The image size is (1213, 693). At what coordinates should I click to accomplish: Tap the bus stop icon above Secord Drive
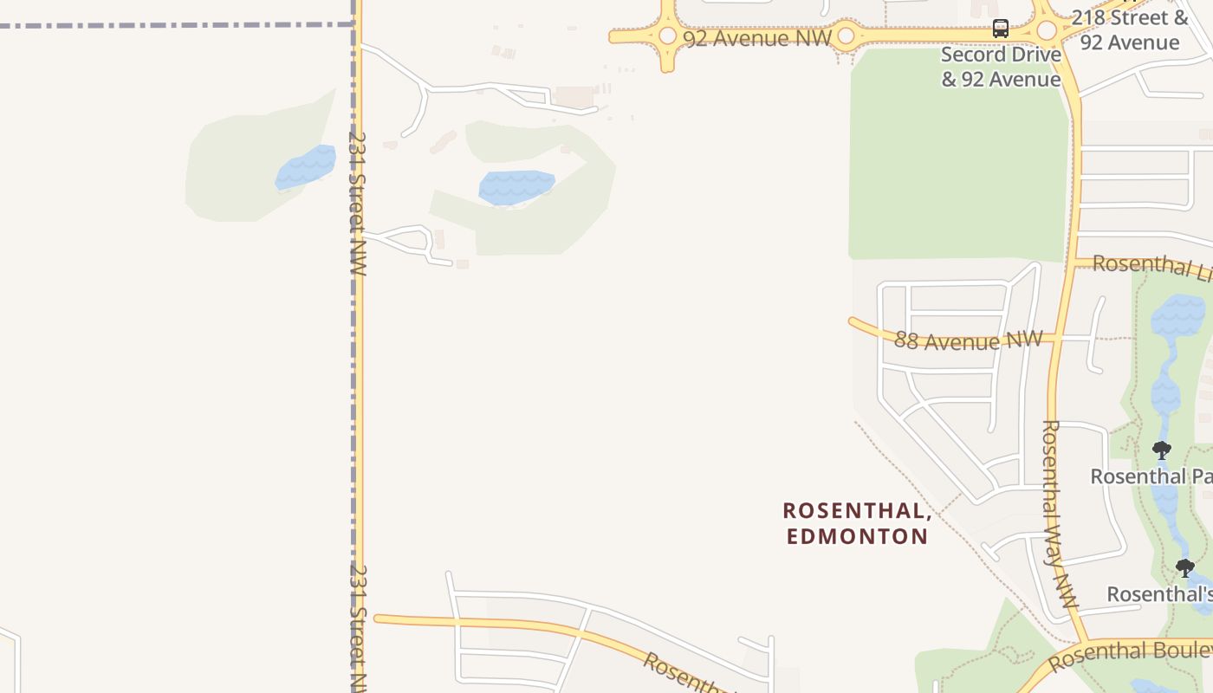[1001, 28]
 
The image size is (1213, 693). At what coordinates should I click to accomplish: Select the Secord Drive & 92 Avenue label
[1001, 67]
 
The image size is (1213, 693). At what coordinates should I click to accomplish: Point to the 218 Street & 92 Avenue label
[1130, 30]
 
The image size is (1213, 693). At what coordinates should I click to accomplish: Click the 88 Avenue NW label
[968, 340]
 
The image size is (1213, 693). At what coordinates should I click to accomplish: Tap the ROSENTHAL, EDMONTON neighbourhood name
[857, 523]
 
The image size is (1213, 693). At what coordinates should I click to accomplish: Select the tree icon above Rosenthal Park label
[1161, 450]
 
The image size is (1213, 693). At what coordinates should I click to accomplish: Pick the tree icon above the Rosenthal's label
[1184, 568]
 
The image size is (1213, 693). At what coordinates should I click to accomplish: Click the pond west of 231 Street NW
[306, 167]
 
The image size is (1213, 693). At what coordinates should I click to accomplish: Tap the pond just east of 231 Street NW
[516, 187]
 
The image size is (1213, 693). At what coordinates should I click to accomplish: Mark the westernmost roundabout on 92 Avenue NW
[667, 36]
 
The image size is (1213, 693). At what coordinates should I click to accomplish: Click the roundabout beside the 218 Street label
[1047, 30]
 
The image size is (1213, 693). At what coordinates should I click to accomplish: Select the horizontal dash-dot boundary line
[173, 25]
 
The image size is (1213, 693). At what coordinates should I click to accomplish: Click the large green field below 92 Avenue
[957, 156]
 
